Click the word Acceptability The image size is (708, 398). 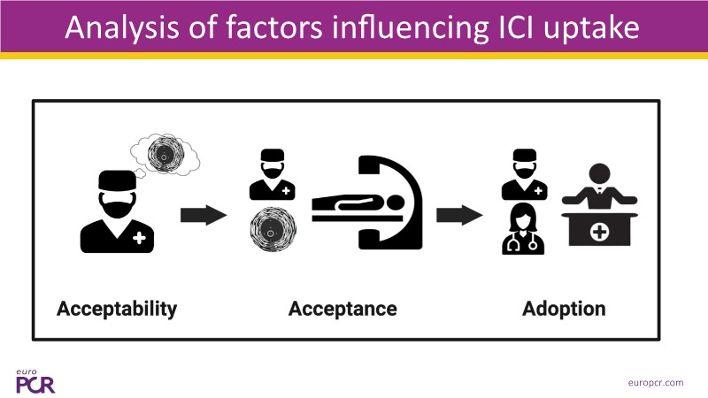tap(117, 309)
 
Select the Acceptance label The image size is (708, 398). tap(342, 309)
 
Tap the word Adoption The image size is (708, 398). tap(564, 309)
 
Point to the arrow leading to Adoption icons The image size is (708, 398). tap(458, 215)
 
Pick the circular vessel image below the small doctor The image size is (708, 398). tap(273, 232)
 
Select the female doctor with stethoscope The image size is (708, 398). tap(522, 230)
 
